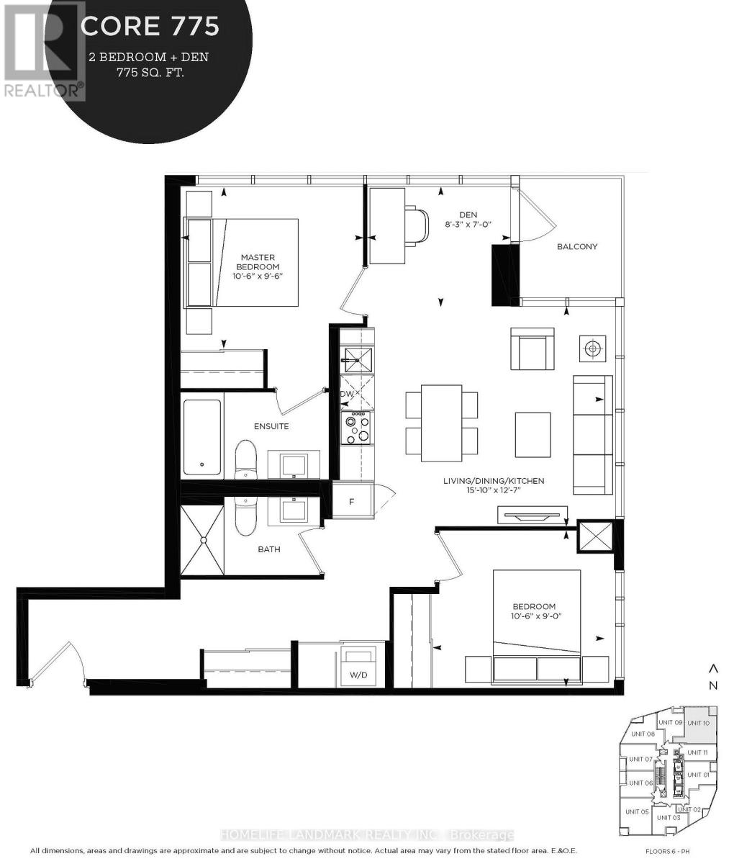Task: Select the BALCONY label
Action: pos(577,246)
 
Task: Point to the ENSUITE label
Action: pos(271,426)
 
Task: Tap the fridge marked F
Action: pos(352,501)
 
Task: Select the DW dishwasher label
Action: pos(348,394)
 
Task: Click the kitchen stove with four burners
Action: pos(356,429)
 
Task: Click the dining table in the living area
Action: pos(441,423)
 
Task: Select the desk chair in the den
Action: pos(416,226)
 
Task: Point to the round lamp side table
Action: pos(592,348)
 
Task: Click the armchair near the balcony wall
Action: pos(533,349)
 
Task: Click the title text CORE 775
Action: pos(150,27)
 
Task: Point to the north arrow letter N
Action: pos(713,686)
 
